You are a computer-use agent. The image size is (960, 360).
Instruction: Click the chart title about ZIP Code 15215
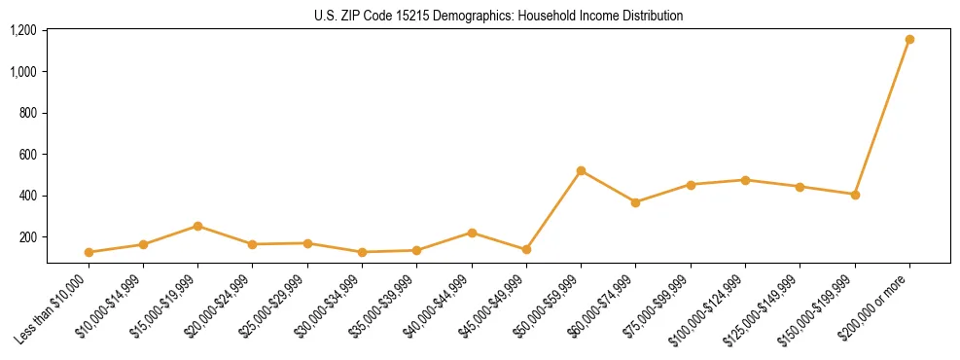point(499,16)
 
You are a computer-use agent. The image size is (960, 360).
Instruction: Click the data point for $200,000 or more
point(909,40)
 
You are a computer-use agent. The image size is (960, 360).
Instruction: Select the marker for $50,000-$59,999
point(581,171)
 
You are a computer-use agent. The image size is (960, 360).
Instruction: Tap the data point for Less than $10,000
point(89,252)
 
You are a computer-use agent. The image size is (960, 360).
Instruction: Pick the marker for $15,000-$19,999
point(197,226)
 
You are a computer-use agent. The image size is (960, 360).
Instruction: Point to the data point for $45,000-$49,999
point(526,250)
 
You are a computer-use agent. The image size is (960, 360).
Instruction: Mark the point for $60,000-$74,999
point(635,202)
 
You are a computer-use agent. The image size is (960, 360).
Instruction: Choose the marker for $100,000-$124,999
point(745,180)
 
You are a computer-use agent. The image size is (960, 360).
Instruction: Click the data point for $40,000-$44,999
point(472,233)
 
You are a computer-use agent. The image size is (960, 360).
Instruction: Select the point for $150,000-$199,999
point(855,195)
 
